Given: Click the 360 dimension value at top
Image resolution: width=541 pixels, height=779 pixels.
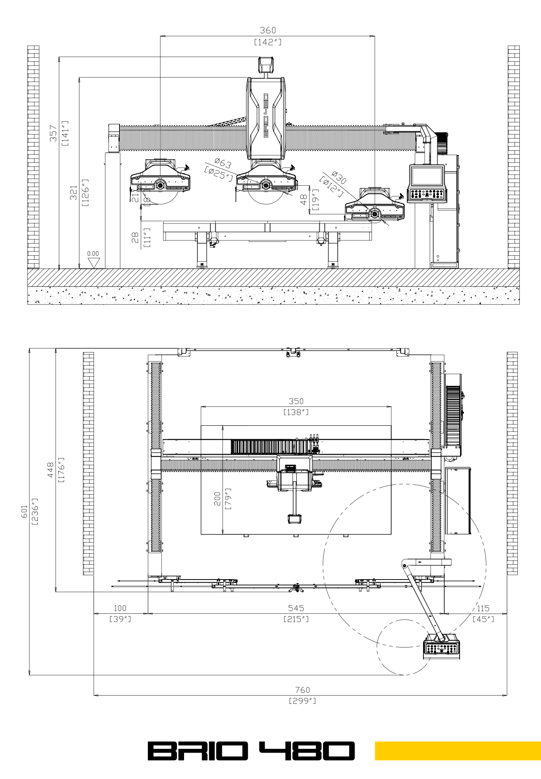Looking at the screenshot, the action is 268,30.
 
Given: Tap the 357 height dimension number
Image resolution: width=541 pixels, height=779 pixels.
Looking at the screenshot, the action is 53,133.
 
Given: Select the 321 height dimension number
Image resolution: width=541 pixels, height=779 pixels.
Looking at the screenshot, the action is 74,193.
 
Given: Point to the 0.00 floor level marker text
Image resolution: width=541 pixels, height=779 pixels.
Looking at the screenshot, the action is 93,254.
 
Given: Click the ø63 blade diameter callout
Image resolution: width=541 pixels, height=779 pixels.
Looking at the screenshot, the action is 223,162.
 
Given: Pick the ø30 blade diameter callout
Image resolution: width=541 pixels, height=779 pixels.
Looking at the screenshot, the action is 339,177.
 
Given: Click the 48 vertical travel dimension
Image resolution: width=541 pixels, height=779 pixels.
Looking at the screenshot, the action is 304,200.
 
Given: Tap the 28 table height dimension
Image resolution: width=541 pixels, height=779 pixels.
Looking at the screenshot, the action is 135,238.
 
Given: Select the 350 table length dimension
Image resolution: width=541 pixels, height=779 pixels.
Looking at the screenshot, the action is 296,401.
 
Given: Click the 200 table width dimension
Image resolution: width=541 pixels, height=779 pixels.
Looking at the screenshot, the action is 217,499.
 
